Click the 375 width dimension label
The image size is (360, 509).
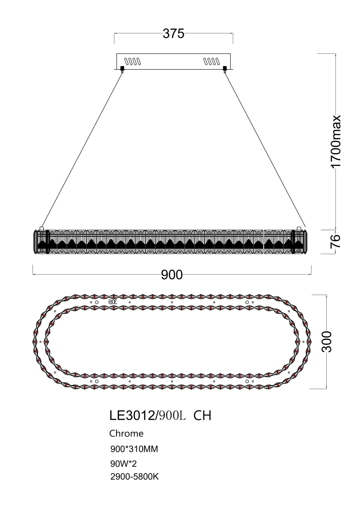(173, 34)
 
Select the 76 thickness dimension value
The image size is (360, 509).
(336, 241)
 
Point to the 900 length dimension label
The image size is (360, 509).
(172, 275)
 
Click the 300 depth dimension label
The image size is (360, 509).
(327, 342)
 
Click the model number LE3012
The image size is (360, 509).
(132, 416)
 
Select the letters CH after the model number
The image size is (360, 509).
(203, 416)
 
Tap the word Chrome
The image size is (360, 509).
(126, 434)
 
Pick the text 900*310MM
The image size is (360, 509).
(134, 449)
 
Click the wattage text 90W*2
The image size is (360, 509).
(123, 464)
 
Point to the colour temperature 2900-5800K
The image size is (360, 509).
(134, 477)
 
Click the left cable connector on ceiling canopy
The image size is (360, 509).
(122, 70)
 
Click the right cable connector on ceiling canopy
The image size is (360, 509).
(225, 70)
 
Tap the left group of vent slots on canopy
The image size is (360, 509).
(132, 61)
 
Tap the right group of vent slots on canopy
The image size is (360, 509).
(212, 61)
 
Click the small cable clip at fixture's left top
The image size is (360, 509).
(42, 228)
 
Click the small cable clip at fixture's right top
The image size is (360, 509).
(300, 228)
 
